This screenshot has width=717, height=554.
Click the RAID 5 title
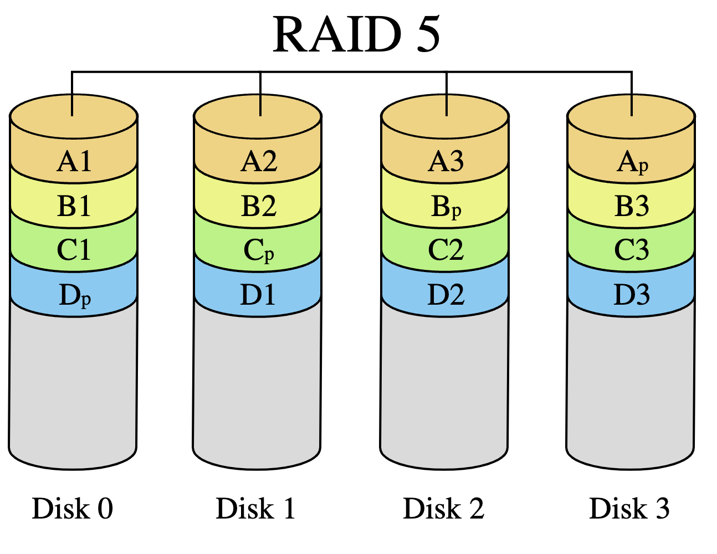356,34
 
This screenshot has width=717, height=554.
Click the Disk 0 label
72,508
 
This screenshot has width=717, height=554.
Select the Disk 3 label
629,508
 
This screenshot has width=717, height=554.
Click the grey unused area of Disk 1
257,389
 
